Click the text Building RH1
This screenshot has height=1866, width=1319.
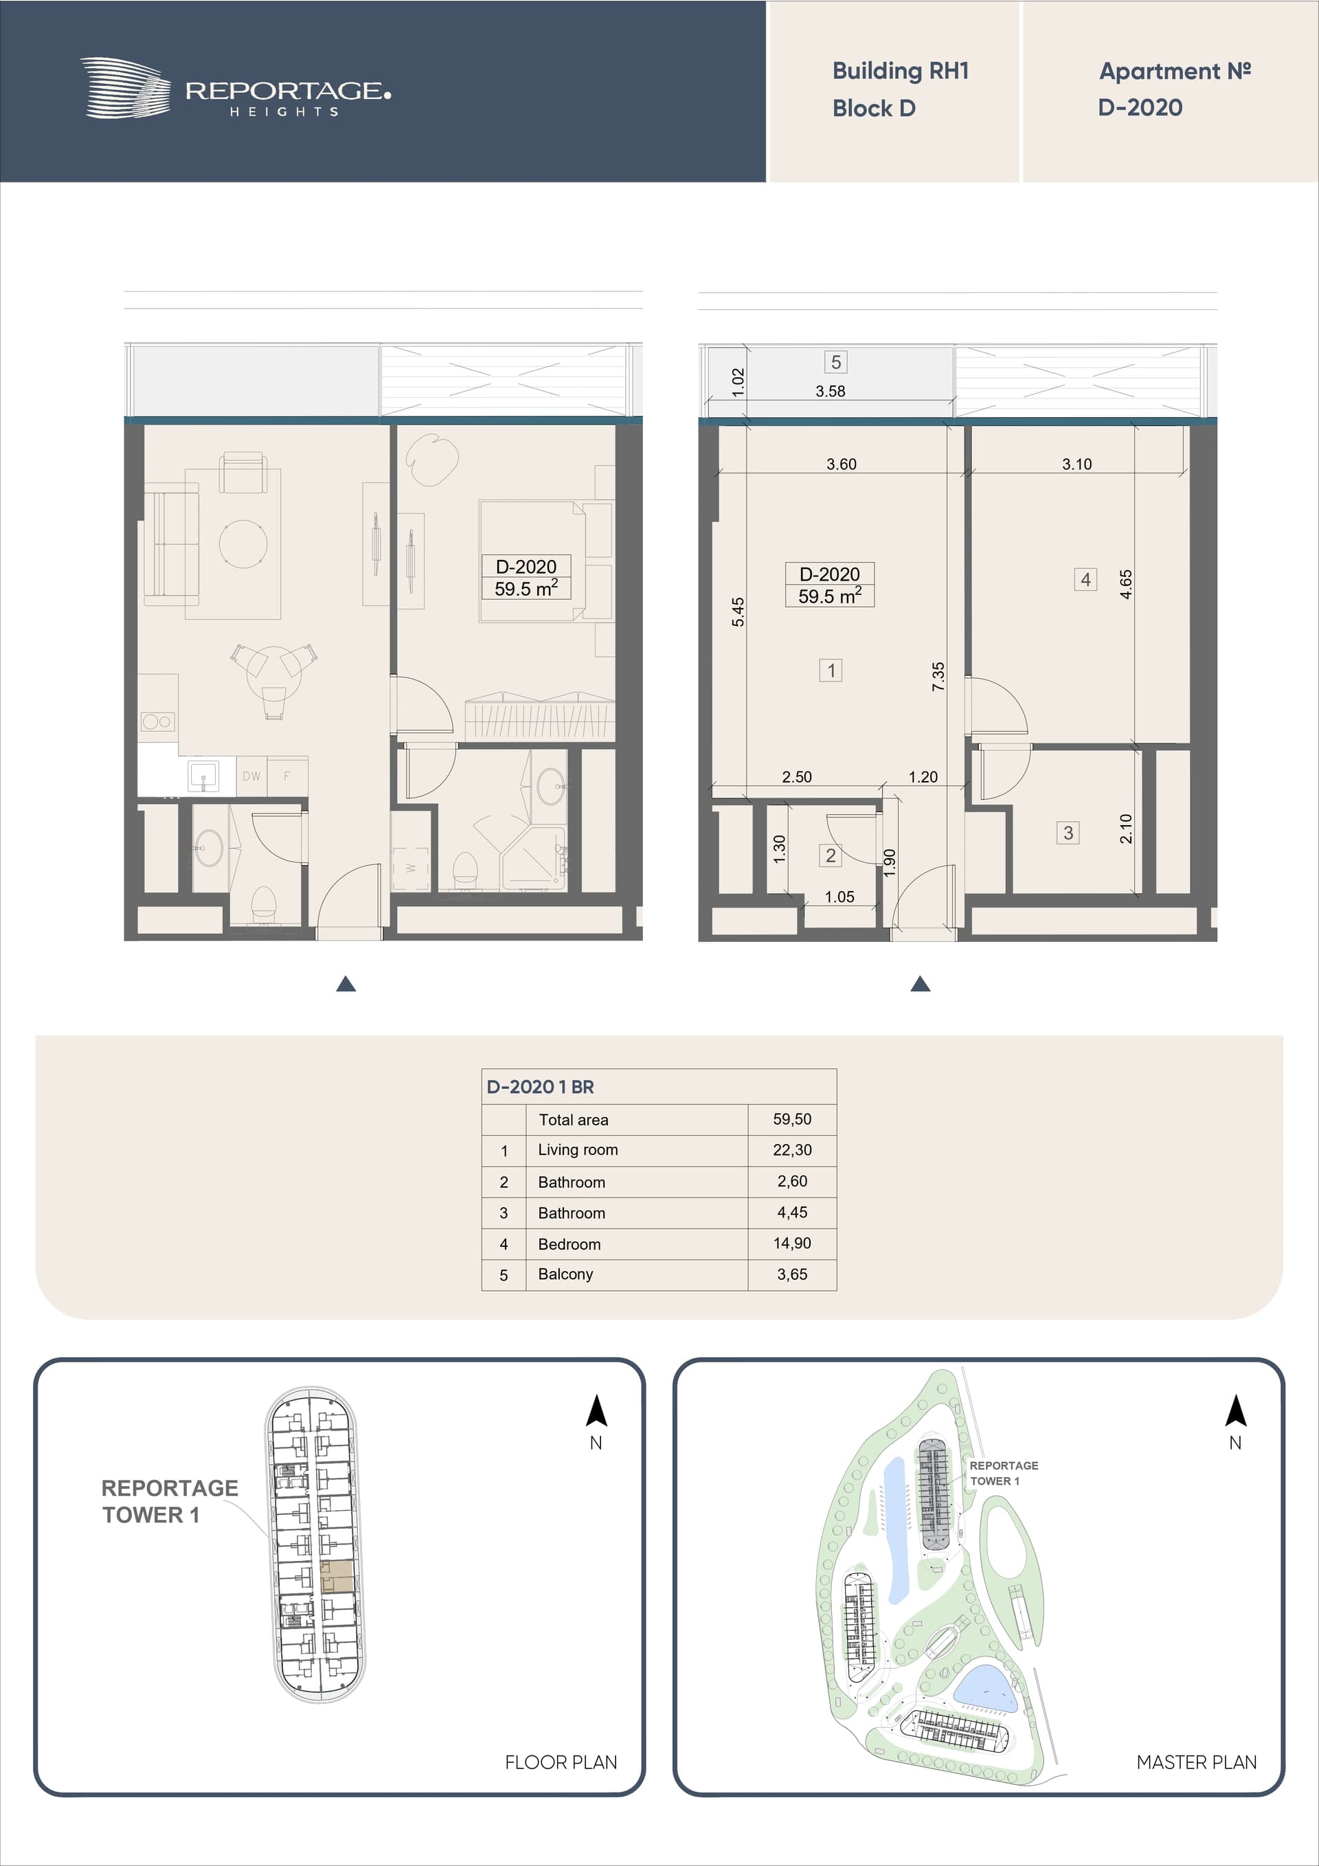coord(901,71)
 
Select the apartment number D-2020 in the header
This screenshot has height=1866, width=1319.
coord(1140,107)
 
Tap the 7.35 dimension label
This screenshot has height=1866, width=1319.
coord(938,676)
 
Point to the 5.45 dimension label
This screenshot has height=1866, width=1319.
coord(738,612)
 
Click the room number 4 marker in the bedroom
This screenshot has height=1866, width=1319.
coord(1085,579)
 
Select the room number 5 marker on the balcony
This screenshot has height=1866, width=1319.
coord(835,361)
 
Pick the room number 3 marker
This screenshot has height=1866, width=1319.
coord(1068,832)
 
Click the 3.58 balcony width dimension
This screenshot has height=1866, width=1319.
coord(831,391)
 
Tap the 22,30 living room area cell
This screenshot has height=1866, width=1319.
coord(792,1150)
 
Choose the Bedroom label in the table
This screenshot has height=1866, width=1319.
coord(569,1244)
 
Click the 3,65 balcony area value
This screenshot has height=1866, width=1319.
coord(792,1274)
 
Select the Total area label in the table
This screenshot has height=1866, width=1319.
coord(573,1120)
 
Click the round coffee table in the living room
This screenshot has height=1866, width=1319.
coord(243,543)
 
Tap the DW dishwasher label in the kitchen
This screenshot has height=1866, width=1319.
coord(252,776)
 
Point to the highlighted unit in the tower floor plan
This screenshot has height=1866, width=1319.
coord(337,1577)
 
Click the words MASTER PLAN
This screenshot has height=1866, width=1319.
coord(1196,1762)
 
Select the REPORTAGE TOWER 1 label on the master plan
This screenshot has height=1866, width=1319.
coord(1004,1472)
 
